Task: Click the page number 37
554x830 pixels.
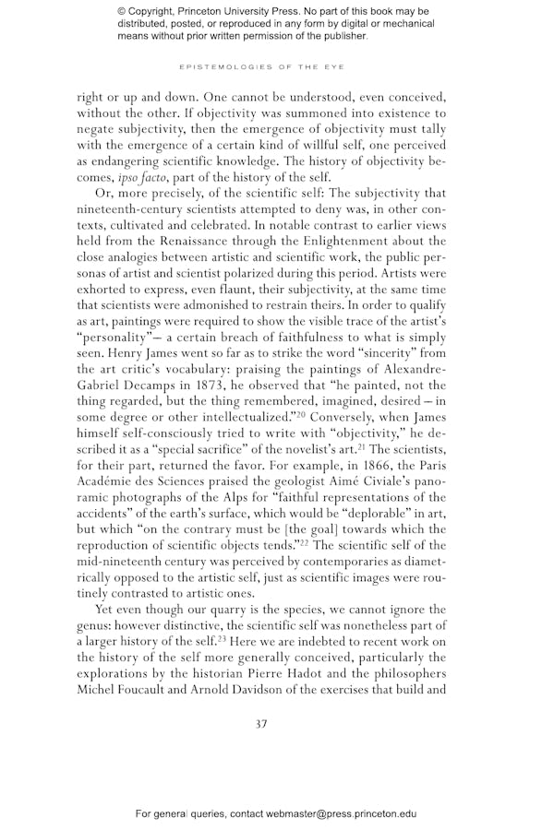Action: click(261, 723)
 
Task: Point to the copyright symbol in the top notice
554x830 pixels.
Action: click(123, 11)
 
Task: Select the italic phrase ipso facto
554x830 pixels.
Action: click(138, 177)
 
